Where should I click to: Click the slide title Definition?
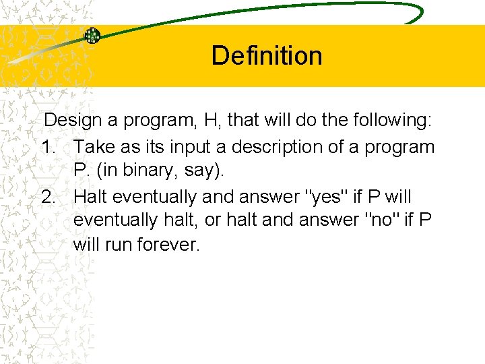coord(267,55)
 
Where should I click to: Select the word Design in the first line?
coord(75,121)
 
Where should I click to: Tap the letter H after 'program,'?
coord(211,121)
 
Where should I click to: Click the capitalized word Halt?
coord(91,197)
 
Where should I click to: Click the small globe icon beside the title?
coord(92,36)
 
